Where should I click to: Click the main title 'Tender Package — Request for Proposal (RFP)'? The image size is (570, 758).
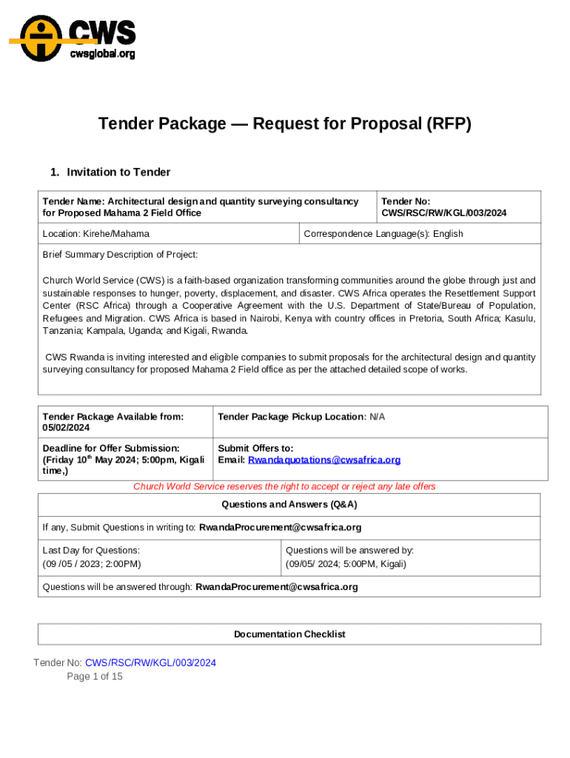click(285, 124)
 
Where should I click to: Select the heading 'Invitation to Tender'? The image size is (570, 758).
click(118, 172)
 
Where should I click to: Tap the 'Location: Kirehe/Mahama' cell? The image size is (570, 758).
click(96, 234)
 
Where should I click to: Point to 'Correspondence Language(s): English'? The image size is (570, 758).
click(383, 234)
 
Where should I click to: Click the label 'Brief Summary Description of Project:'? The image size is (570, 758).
click(120, 255)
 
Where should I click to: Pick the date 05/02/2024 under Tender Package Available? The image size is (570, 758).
click(66, 428)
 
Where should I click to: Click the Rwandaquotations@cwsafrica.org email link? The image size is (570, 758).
click(324, 460)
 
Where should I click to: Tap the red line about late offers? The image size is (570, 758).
click(284, 486)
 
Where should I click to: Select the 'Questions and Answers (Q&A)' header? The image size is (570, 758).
click(289, 504)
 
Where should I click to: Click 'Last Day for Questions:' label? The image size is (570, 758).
click(91, 550)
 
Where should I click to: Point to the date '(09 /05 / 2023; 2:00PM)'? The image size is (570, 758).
click(92, 564)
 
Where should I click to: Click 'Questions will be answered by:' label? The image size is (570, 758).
click(349, 550)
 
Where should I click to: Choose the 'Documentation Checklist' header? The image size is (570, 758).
click(289, 634)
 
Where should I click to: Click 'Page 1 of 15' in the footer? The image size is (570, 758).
click(95, 677)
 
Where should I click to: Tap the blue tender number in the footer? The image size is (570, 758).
click(150, 663)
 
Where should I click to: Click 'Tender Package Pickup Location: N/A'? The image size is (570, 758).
click(301, 417)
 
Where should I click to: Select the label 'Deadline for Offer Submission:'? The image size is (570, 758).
click(111, 448)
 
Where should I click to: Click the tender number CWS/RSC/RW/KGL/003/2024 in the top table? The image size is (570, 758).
click(444, 213)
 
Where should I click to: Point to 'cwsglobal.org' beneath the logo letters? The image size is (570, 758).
click(102, 53)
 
